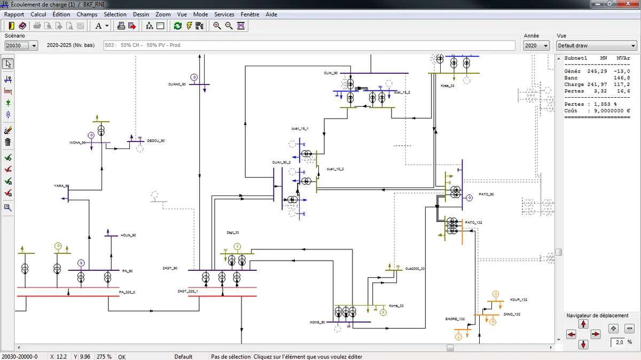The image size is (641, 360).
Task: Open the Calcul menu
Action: click(x=38, y=14)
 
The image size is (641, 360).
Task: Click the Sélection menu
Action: click(x=115, y=14)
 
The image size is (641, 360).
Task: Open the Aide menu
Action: click(x=271, y=14)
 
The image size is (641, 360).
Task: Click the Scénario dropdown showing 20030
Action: click(x=21, y=46)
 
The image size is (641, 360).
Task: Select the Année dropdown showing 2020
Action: click(x=536, y=46)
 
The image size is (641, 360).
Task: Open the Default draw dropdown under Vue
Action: click(x=596, y=46)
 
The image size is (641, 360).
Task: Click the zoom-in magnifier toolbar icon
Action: click(x=217, y=26)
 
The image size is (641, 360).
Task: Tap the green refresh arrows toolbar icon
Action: click(x=178, y=26)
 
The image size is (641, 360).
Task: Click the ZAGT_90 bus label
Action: click(x=170, y=268)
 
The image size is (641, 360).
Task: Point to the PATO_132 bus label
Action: click(x=473, y=222)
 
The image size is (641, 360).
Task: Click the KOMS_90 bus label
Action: click(x=317, y=322)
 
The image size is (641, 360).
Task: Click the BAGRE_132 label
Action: click(x=455, y=319)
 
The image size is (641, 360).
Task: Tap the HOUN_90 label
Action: click(x=128, y=235)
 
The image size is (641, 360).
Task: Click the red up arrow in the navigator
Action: click(x=583, y=324)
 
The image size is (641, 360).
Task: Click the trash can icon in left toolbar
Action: click(x=8, y=142)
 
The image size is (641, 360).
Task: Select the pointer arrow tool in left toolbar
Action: click(x=8, y=64)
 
